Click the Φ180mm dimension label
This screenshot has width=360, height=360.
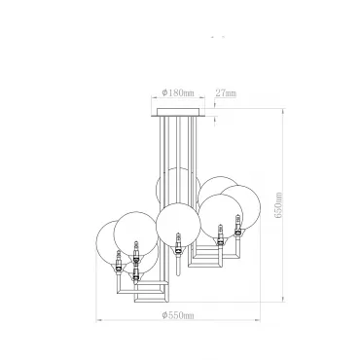pyautogui.click(x=178, y=92)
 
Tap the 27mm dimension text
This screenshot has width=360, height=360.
pyautogui.click(x=226, y=93)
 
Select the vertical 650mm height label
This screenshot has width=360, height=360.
pyautogui.click(x=279, y=205)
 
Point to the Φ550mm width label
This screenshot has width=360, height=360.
pyautogui.click(x=178, y=315)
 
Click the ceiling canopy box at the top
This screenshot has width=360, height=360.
pyautogui.click(x=178, y=112)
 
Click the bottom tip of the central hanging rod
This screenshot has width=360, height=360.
pyautogui.click(x=177, y=275)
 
